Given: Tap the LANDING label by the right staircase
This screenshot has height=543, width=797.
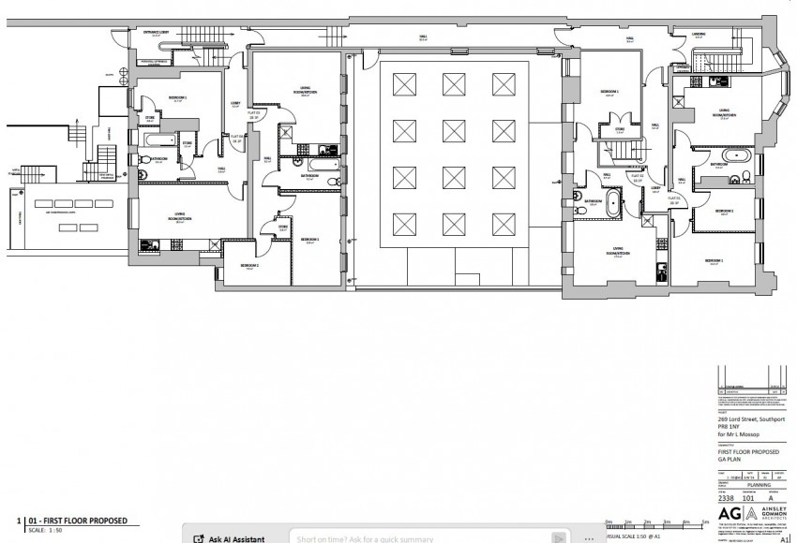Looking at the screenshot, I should pos(699,35).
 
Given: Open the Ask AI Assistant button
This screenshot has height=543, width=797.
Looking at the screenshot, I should pos(229,538).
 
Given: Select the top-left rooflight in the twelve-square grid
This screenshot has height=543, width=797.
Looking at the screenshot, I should pos(404,83).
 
